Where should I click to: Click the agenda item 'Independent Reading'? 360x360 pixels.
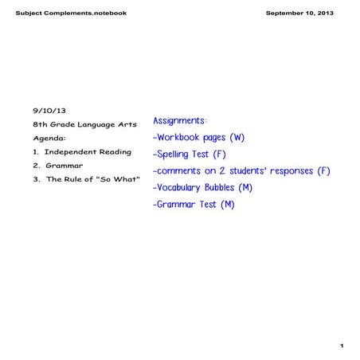pyautogui.click(x=88, y=151)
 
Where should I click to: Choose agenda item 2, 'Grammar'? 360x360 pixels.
pyautogui.click(x=65, y=165)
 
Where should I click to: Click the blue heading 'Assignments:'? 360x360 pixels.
pyautogui.click(x=180, y=120)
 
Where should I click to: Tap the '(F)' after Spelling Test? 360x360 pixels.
pyautogui.click(x=220, y=154)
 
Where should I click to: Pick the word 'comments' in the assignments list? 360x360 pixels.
pyautogui.click(x=183, y=170)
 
